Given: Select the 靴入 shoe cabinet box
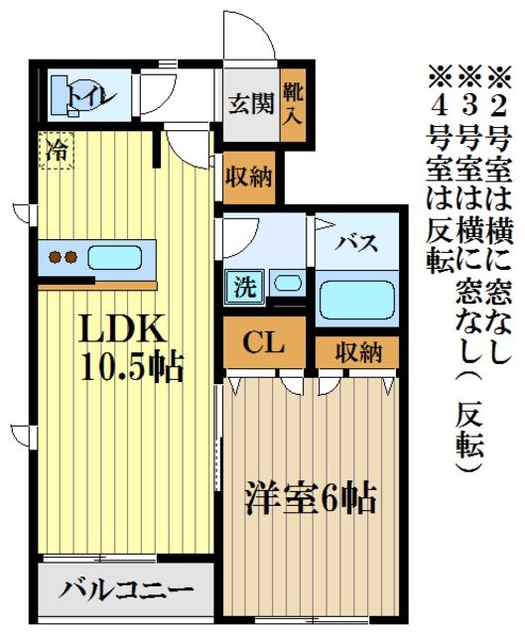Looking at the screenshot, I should click(x=294, y=103).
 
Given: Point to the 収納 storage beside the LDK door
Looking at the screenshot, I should click(x=249, y=179).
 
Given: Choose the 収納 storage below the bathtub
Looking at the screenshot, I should click(x=358, y=351).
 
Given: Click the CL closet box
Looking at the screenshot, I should click(x=265, y=344).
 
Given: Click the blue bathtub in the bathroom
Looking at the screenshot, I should click(x=358, y=298).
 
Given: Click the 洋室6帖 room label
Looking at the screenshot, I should click(x=312, y=496).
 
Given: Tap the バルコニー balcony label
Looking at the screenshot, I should click(x=125, y=591).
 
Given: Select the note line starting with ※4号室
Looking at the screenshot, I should click(x=438, y=169).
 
